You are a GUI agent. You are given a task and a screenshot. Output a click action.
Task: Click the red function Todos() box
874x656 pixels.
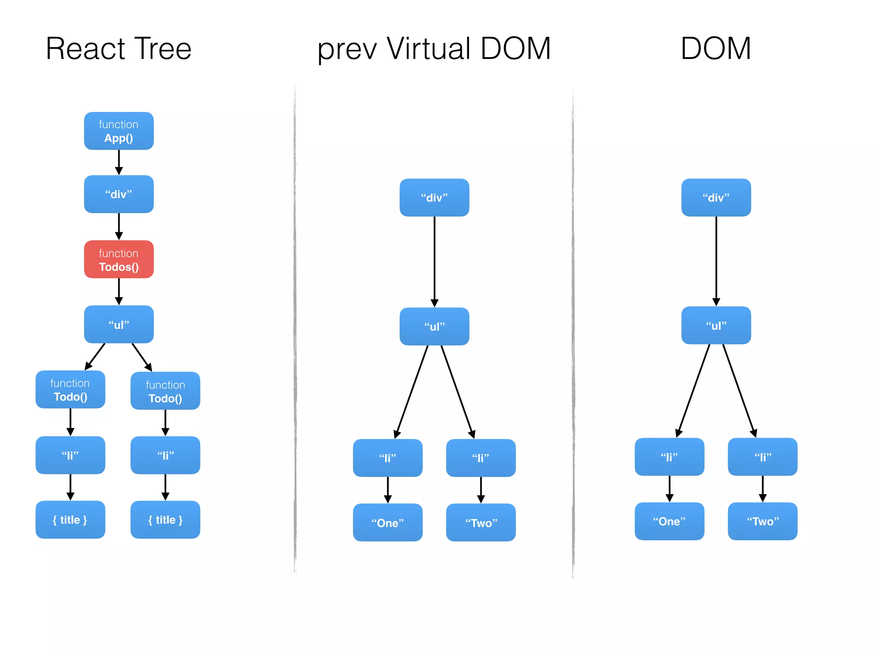point(119,259)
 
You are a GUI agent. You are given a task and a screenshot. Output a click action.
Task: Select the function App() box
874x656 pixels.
point(119,131)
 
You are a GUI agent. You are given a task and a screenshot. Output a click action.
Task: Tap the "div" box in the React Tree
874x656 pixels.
point(119,194)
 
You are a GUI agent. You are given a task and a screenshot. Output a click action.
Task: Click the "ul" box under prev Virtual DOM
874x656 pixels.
point(434,326)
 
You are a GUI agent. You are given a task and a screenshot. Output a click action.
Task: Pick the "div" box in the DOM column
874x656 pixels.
point(716,197)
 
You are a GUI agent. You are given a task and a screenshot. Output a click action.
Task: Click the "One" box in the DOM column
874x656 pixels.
point(669,521)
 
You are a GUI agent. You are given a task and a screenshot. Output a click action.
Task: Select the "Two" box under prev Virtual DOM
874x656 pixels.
point(481,523)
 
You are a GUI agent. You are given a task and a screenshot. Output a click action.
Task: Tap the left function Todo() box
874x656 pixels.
point(70,389)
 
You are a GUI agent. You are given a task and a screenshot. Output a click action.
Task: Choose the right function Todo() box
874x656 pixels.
point(165,391)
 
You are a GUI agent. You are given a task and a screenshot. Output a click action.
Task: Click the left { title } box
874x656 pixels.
point(70,520)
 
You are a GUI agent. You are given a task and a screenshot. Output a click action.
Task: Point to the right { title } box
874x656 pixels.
point(165,520)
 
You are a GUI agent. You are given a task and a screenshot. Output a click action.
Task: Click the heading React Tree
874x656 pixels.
point(119,48)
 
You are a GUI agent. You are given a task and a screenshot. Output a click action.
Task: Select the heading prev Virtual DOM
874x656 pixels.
point(434,48)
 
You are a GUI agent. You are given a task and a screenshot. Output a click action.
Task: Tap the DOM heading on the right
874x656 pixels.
point(716,48)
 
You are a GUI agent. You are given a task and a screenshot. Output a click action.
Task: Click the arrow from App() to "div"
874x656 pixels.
point(119,162)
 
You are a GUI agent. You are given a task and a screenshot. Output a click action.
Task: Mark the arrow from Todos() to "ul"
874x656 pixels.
point(119,292)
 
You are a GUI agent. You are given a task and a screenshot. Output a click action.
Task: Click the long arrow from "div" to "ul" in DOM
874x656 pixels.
point(716,261)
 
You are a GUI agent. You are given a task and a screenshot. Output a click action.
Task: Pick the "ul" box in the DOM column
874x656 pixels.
point(716,325)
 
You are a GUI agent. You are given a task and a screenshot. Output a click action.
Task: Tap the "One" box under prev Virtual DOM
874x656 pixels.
point(387,523)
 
